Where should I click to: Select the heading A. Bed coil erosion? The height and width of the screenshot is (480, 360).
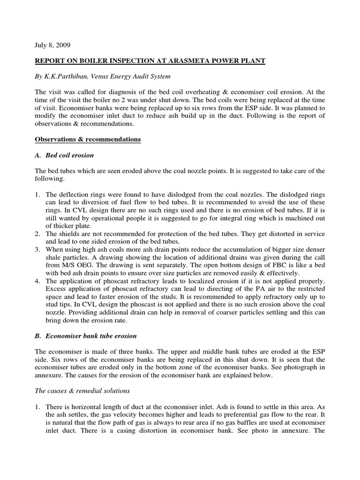68,155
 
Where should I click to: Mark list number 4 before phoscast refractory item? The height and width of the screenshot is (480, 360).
37,281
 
